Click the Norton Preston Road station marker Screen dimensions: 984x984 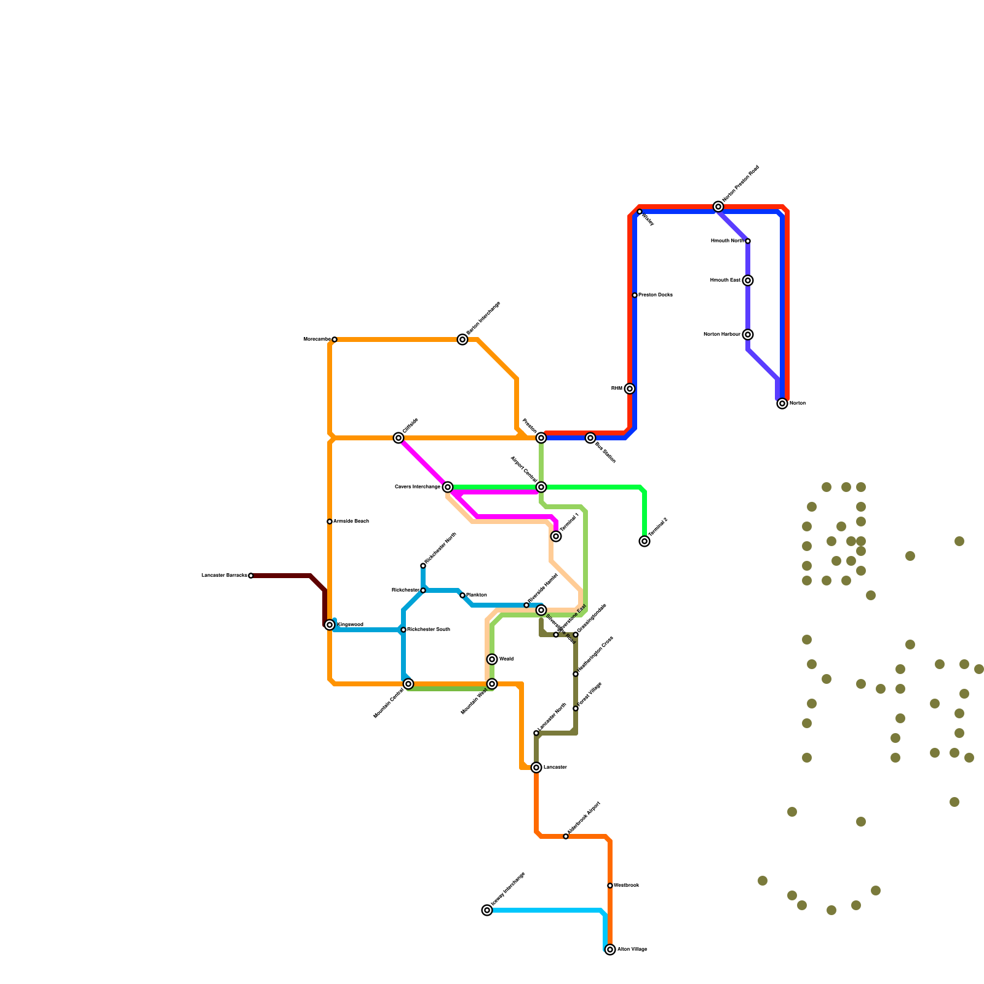pos(718,207)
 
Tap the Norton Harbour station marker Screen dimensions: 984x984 pos(748,335)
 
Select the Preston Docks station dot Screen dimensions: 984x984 pos(635,295)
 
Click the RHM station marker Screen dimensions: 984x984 pos(630,389)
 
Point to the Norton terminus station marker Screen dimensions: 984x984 pos(782,403)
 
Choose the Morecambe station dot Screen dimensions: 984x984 pos(335,339)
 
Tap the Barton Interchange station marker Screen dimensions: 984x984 pos(462,339)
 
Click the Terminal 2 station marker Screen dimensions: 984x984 pos(645,541)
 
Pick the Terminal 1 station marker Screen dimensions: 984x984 pos(556,536)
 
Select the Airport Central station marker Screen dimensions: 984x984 pos(541,487)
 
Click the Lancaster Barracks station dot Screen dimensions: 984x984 pos(251,576)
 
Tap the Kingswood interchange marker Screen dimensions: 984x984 pos(330,625)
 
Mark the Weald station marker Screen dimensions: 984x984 pos(492,659)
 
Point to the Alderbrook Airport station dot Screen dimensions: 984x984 pos(566,836)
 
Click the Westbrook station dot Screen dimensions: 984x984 pos(610,886)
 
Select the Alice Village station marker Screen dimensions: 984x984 pos(610,950)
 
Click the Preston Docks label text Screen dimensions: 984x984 pos(656,295)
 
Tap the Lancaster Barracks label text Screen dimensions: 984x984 pos(224,576)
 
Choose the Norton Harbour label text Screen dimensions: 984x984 pos(722,335)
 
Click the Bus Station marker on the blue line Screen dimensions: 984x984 pos(590,438)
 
